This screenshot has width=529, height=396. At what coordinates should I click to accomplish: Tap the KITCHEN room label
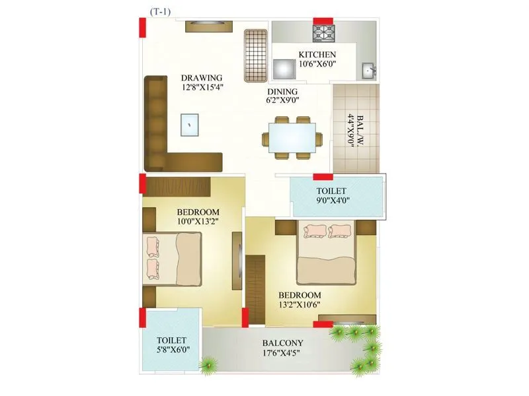(317, 55)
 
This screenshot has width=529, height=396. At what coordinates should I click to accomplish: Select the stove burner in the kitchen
(323, 34)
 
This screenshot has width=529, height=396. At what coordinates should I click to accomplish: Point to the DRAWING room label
(202, 77)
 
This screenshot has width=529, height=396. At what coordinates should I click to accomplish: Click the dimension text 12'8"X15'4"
(202, 86)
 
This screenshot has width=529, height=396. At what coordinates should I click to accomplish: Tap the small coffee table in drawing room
(190, 124)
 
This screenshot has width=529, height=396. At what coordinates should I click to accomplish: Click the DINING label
(282, 92)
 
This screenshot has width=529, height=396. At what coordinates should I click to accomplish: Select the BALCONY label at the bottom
(282, 343)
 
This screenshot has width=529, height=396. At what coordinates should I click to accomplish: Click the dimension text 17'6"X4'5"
(282, 352)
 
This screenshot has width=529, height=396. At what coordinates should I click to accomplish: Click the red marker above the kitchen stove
(323, 20)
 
